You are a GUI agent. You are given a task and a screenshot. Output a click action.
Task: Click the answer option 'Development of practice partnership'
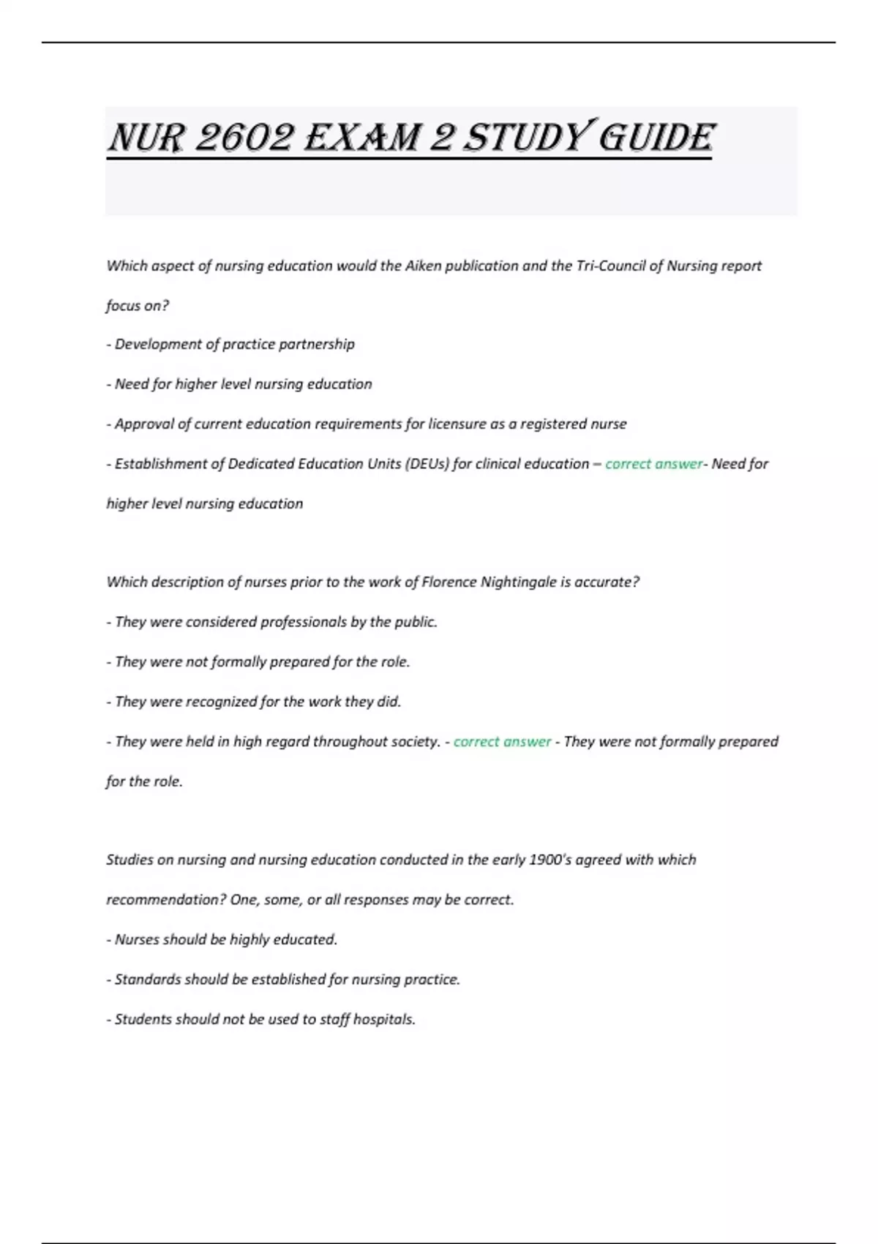click(x=234, y=344)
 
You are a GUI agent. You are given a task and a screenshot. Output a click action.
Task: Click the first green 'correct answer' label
click(x=653, y=464)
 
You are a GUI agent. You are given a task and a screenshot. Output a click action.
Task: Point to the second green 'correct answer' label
click(x=502, y=741)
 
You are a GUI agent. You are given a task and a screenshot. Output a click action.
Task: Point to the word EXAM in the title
click(x=362, y=138)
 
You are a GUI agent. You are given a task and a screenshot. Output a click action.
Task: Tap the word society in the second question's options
click(x=415, y=741)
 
